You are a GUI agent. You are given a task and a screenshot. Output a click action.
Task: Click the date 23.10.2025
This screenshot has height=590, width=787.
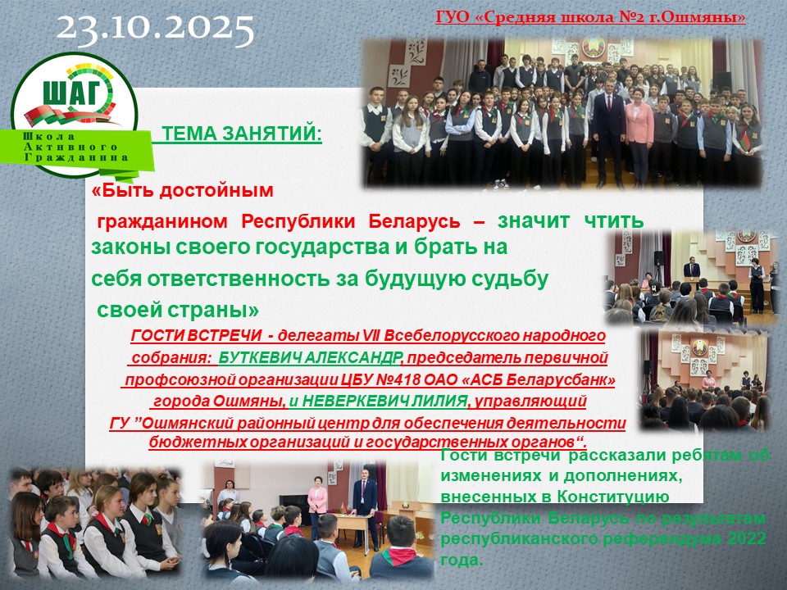[155, 29]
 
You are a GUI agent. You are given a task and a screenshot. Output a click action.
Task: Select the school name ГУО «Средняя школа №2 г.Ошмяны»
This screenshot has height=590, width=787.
[590, 17]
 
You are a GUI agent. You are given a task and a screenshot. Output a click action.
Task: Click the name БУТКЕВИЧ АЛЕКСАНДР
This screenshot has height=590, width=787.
[310, 358]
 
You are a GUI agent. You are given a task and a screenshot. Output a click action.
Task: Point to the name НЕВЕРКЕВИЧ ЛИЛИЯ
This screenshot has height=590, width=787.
[385, 402]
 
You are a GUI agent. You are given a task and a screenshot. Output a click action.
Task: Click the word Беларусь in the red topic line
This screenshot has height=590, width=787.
[414, 221]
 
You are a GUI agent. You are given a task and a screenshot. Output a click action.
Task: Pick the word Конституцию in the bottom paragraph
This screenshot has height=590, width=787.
[613, 497]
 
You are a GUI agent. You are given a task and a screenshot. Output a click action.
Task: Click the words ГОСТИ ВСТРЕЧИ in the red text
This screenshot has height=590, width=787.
[196, 336]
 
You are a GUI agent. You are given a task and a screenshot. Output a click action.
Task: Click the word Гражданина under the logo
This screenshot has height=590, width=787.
[76, 157]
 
